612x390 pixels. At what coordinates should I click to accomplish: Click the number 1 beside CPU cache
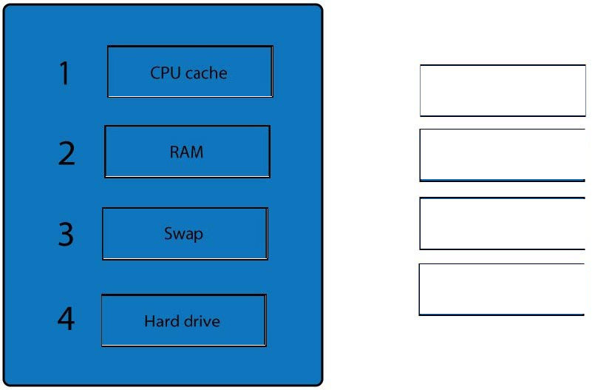click(x=65, y=73)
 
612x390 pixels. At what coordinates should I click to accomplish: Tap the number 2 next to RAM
click(x=67, y=154)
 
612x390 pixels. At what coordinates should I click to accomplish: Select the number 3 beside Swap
click(x=66, y=234)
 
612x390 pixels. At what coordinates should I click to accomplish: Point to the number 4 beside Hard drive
click(x=66, y=318)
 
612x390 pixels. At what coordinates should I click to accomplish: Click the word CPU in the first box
click(x=166, y=73)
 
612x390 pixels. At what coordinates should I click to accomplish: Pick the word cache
click(x=206, y=73)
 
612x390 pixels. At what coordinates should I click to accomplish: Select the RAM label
click(x=186, y=152)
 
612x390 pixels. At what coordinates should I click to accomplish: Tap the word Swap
click(x=183, y=234)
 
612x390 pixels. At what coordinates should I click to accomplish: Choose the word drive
click(x=202, y=321)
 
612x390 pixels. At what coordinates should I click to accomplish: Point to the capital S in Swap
click(x=168, y=233)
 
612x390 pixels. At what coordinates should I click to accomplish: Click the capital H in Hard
click(x=149, y=321)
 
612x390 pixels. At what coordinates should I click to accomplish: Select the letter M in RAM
click(x=197, y=152)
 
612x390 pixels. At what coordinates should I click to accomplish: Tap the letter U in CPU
click(x=176, y=73)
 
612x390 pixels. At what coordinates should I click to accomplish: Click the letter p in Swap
click(x=198, y=235)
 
